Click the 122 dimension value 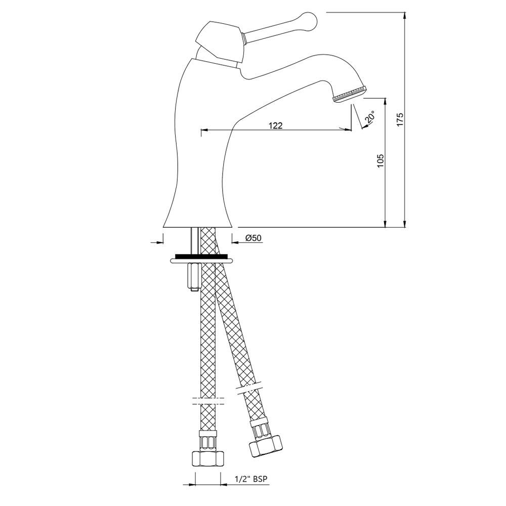(276, 125)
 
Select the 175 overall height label (400, 119)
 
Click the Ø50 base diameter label (254, 238)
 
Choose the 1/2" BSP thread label (251, 479)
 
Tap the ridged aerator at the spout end (350, 94)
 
